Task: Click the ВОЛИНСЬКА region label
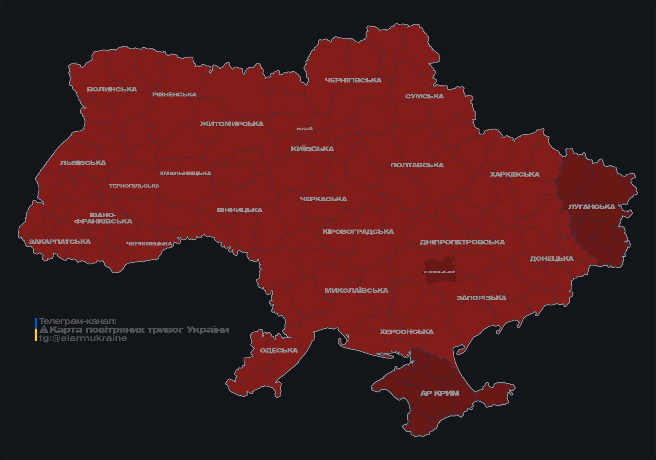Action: tap(112, 89)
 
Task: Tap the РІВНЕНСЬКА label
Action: tap(174, 95)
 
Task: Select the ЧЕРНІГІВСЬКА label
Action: tap(353, 80)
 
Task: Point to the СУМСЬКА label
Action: tap(424, 96)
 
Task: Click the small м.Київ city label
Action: tap(305, 129)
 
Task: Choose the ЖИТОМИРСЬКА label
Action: tap(232, 124)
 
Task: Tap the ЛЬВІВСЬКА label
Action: tap(83, 163)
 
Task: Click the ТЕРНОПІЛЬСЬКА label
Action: tap(134, 186)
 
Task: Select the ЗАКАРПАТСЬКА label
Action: tap(60, 242)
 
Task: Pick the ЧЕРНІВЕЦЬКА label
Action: tap(149, 244)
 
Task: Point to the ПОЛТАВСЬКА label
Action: tap(417, 165)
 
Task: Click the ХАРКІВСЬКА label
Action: tap(515, 175)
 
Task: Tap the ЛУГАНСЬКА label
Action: tap(591, 207)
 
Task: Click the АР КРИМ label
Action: tap(440, 393)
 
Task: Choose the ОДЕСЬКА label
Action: tap(279, 351)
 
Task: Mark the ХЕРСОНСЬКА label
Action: tap(407, 332)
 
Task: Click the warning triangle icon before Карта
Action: tap(44, 330)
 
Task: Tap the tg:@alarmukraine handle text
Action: tap(83, 338)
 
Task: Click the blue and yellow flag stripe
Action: tap(36, 330)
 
